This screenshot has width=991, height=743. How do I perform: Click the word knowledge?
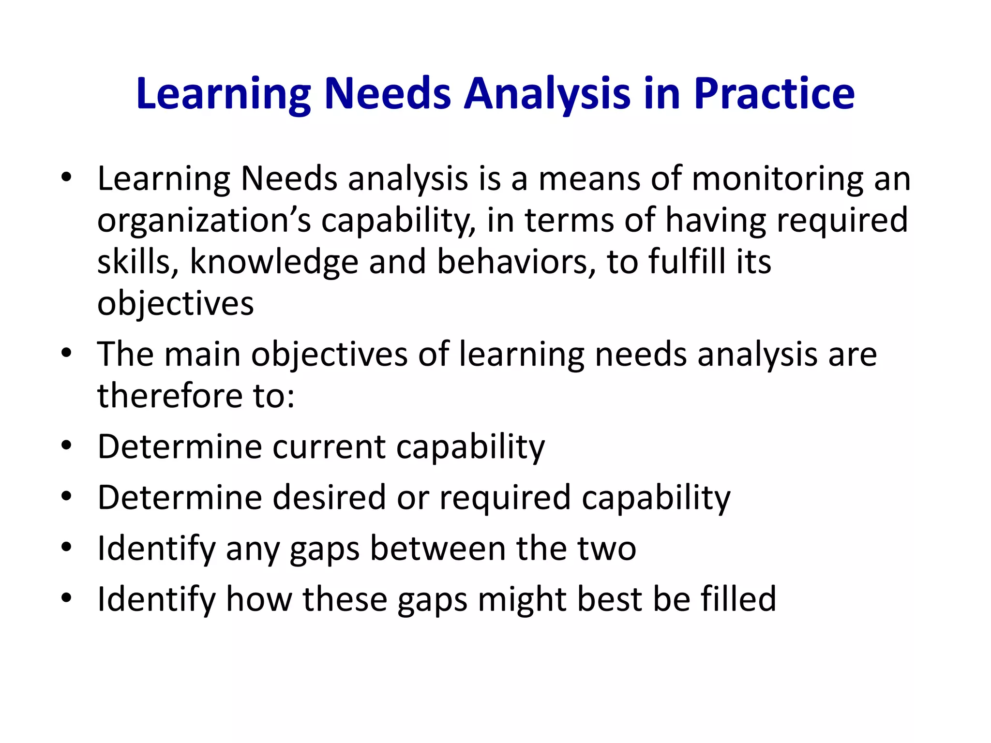click(x=274, y=262)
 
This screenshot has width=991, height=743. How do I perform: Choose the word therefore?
click(x=170, y=395)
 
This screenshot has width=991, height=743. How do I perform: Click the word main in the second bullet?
click(x=202, y=354)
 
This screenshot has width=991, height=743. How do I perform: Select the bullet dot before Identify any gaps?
click(x=67, y=547)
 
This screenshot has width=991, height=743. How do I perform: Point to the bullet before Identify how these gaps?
click(x=67, y=598)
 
